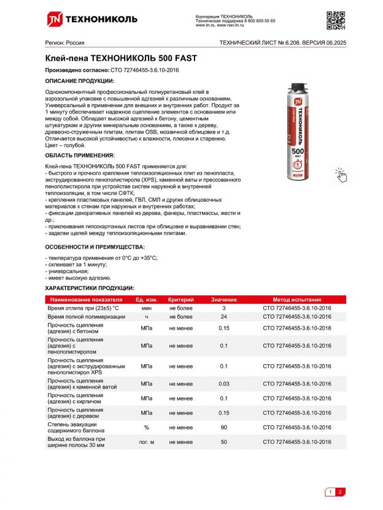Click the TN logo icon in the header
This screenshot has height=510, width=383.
point(55,19)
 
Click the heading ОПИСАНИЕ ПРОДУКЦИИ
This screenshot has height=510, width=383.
point(80,81)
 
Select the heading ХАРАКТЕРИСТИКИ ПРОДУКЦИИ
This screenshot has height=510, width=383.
point(90,287)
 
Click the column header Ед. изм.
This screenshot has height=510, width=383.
point(147,299)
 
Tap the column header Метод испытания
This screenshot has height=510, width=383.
point(296,299)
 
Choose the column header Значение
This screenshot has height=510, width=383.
point(224,299)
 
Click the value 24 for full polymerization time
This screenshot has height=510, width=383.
point(224,317)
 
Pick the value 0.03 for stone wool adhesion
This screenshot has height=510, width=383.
point(224,384)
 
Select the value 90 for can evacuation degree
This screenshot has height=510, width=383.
point(224,427)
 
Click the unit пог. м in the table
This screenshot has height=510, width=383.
point(147,442)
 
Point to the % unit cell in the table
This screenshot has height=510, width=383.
point(147,427)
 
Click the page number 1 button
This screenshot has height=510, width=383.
point(330,492)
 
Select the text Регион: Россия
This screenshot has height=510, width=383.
point(65,43)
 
